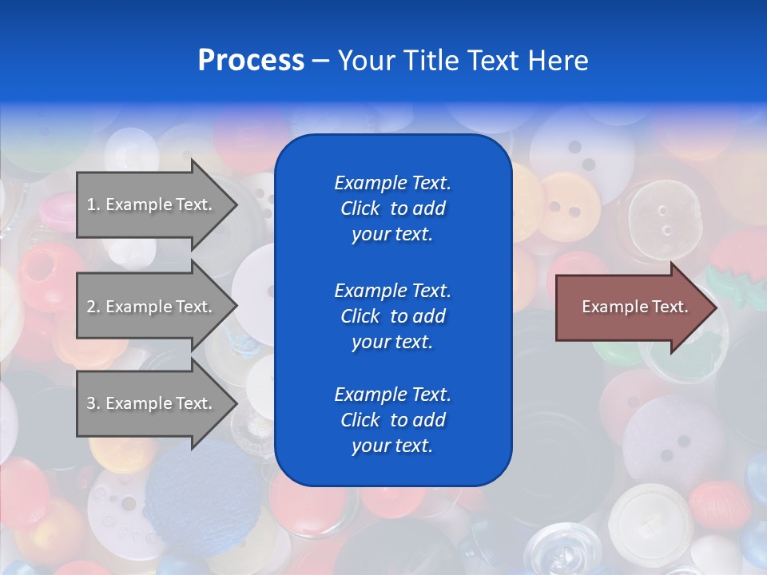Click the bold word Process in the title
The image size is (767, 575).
coord(251,61)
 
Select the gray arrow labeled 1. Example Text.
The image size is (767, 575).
coord(152,204)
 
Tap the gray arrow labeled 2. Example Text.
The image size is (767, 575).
coord(152,307)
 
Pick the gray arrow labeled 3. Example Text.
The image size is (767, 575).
coord(152,403)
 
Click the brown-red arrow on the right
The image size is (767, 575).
coord(631,307)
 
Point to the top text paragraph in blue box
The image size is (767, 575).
coord(393,208)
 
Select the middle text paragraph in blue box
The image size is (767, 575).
coord(393,316)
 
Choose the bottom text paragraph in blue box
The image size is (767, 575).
coord(393,420)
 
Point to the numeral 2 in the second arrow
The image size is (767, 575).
coord(92,307)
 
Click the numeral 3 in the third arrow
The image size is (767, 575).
coord(92,403)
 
